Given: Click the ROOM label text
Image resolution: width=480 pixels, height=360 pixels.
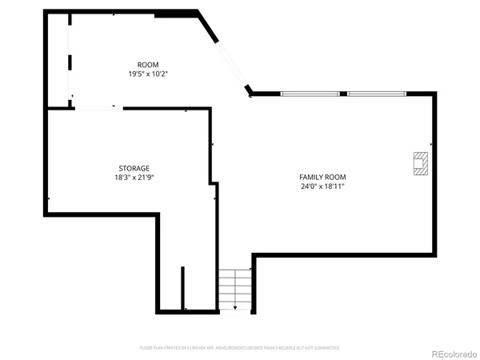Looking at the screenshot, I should pos(148,64).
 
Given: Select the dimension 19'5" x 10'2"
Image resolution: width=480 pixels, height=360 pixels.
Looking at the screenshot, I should pos(148,74).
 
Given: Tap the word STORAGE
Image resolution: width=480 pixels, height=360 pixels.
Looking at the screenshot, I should pos(134,168).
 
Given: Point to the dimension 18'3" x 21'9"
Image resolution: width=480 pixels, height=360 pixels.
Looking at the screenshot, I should pos(134,178).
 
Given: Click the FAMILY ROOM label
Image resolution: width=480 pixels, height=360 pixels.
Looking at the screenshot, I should pos(322,177).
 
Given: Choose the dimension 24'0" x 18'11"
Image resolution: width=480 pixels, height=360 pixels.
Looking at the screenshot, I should pos(322,186).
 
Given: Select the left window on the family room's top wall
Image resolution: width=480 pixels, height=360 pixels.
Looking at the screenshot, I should pos(310,94).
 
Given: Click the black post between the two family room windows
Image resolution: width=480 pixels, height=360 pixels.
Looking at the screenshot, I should pos(343,94).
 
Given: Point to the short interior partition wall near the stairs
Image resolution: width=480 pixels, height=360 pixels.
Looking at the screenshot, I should pos(183,288).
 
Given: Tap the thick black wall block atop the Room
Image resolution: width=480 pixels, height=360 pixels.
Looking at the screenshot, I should pos(175,13).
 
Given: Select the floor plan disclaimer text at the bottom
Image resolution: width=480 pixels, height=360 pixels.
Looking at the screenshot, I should pos(240,348).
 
